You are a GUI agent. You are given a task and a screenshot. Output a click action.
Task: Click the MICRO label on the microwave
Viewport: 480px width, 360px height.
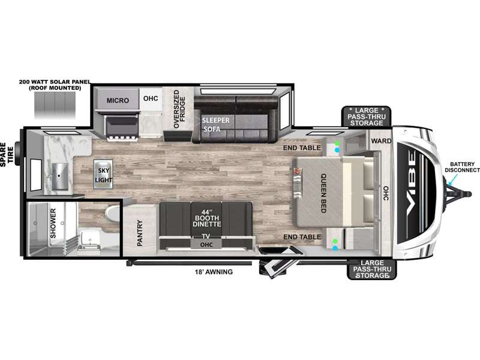click(x=118, y=100)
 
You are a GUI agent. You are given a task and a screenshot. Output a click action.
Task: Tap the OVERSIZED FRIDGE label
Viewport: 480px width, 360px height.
click(x=179, y=109)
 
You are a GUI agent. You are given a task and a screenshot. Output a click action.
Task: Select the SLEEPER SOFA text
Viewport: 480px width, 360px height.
click(x=215, y=125)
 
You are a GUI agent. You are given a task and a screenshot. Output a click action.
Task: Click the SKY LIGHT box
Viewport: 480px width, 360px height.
click(x=103, y=175)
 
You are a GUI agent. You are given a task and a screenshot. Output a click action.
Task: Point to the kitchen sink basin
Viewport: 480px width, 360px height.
click(x=59, y=176)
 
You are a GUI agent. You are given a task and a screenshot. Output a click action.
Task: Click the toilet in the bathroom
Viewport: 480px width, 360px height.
click(x=112, y=214)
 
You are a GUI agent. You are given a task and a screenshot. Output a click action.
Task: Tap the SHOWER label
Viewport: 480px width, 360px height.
click(x=53, y=223)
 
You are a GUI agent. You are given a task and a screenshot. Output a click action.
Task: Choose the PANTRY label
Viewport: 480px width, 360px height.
click(x=140, y=233)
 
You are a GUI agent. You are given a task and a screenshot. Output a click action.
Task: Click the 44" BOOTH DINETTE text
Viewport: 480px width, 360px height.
click(x=206, y=218)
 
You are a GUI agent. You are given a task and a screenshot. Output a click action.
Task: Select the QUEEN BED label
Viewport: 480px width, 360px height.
click(x=323, y=193)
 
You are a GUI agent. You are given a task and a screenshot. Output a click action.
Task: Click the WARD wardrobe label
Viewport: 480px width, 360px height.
click(x=381, y=141)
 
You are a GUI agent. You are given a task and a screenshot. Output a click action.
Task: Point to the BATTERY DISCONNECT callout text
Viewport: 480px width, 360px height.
click(x=462, y=167)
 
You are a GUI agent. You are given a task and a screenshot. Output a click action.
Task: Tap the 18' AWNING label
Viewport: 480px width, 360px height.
click(x=214, y=272)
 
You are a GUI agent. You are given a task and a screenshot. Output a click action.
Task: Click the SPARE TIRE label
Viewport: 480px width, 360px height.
click(x=7, y=155)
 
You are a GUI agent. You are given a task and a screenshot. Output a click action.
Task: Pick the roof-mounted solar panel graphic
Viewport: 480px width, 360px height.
click(x=55, y=106)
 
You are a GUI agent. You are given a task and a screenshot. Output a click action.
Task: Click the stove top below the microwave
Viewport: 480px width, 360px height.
click(x=122, y=128)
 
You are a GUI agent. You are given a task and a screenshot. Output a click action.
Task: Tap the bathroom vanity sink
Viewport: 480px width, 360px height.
click(x=89, y=241)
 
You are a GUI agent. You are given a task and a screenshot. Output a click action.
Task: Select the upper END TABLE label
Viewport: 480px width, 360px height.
click(x=302, y=148)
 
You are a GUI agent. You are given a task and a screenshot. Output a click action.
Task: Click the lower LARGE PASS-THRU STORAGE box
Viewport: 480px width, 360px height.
click(x=371, y=269)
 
